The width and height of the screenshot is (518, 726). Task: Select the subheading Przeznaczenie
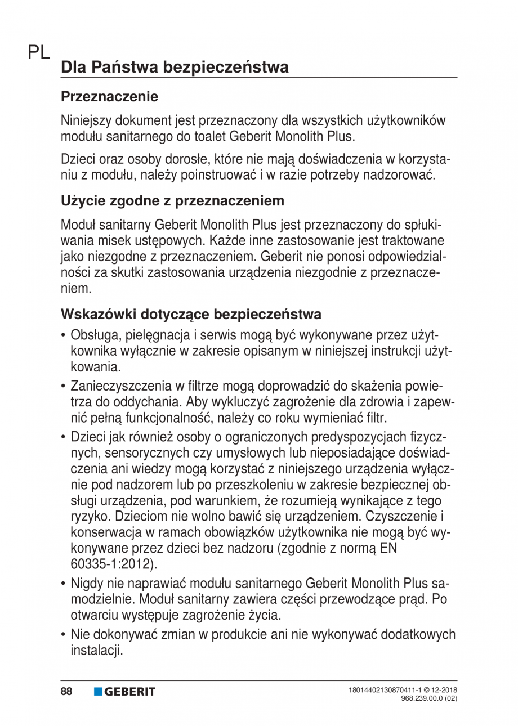click(x=109, y=96)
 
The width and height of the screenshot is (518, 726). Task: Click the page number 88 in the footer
click(x=67, y=691)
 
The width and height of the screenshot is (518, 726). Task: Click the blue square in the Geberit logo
click(x=98, y=691)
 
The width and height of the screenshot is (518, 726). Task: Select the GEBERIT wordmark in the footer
click(x=130, y=691)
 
